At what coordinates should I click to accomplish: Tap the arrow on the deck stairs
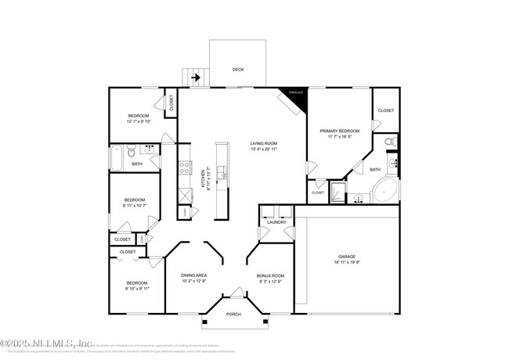(x=195, y=77)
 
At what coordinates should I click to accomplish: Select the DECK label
(x=237, y=70)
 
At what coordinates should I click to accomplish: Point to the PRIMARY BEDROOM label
(x=339, y=131)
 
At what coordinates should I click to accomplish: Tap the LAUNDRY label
(x=276, y=222)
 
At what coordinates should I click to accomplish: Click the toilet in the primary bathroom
(x=392, y=142)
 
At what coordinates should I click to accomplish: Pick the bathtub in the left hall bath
(x=117, y=158)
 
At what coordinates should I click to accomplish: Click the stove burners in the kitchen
(x=186, y=165)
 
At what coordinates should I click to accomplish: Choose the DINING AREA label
(x=193, y=275)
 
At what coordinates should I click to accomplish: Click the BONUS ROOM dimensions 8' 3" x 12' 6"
(x=270, y=282)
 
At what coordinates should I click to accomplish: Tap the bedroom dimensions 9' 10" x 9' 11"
(x=136, y=288)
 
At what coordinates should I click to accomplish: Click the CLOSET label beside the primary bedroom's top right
(x=386, y=110)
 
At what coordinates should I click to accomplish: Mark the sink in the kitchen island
(x=222, y=174)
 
